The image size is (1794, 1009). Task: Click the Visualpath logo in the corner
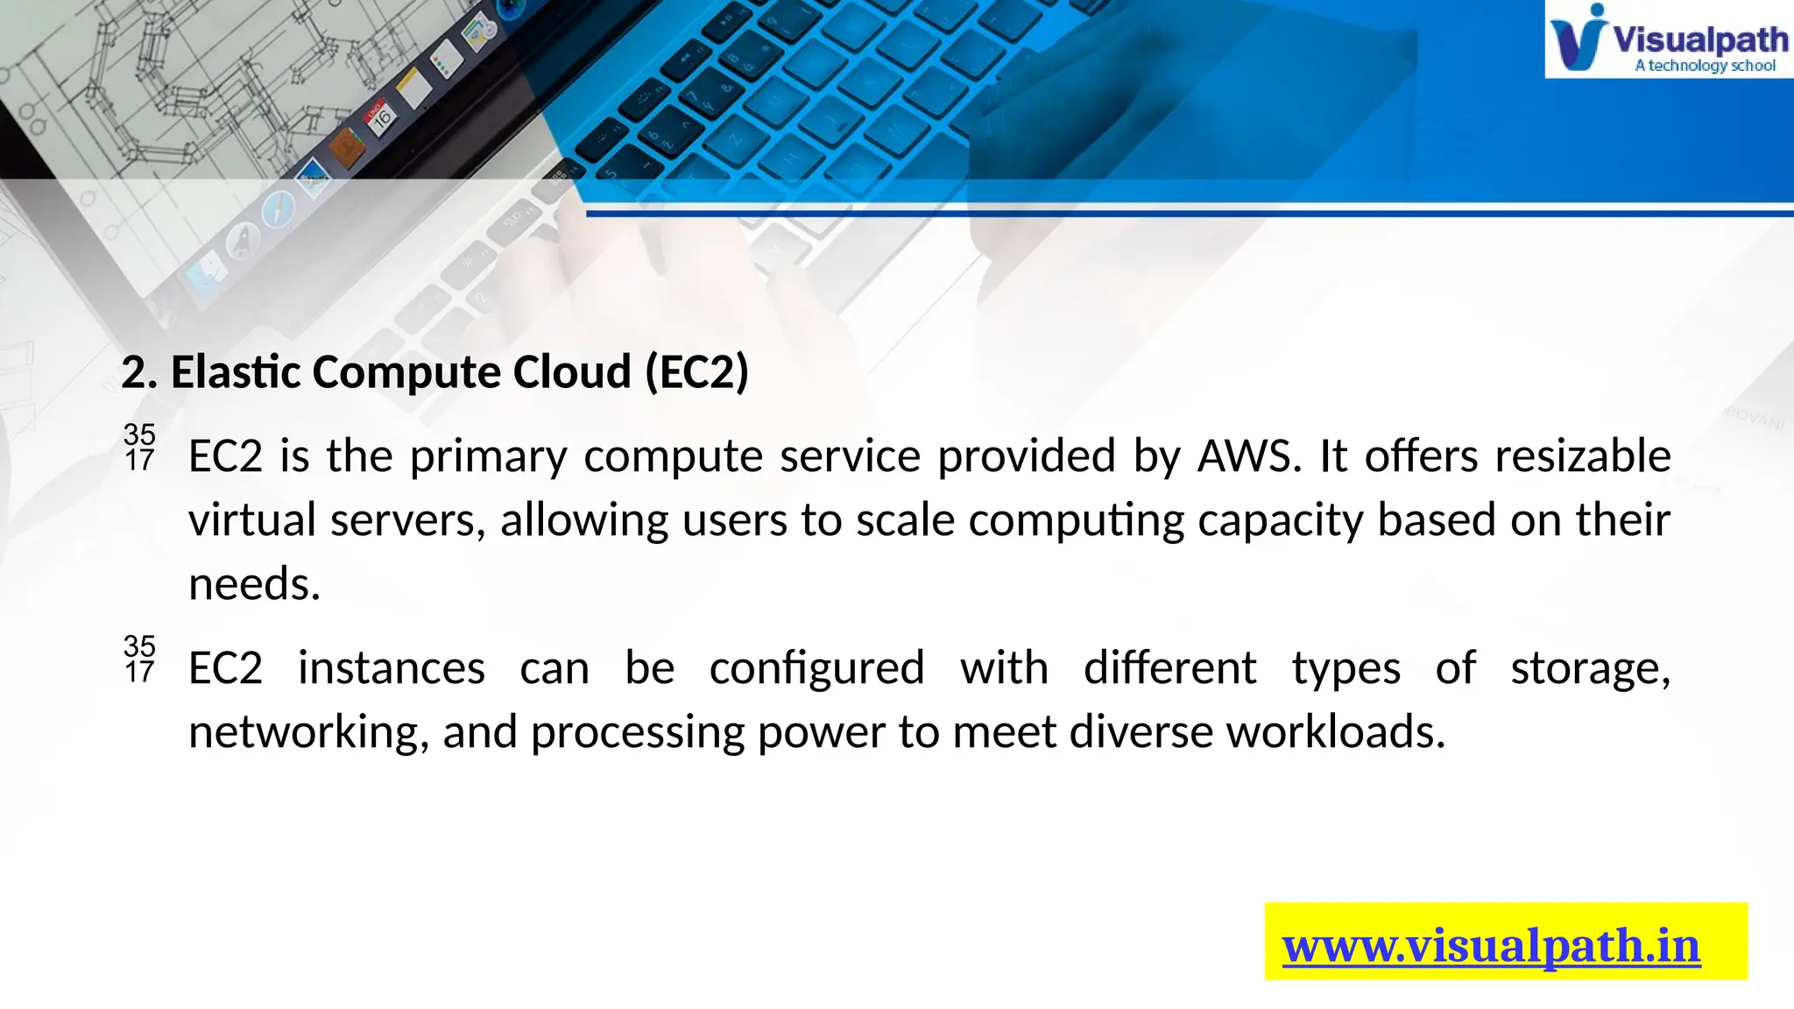click(1668, 39)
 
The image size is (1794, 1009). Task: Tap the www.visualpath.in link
click(1491, 947)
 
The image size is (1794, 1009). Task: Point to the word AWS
click(1249, 456)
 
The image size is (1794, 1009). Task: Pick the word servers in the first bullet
click(407, 520)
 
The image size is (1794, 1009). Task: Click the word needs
click(254, 584)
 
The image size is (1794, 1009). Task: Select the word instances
click(391, 668)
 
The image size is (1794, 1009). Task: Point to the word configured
click(816, 668)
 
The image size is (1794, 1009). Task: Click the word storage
click(1590, 668)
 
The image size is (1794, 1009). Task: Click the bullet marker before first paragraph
click(139, 447)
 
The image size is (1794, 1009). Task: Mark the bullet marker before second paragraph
click(139, 659)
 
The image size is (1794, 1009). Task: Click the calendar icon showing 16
click(381, 117)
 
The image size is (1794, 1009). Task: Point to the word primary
click(488, 456)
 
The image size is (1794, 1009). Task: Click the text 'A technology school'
click(1705, 66)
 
